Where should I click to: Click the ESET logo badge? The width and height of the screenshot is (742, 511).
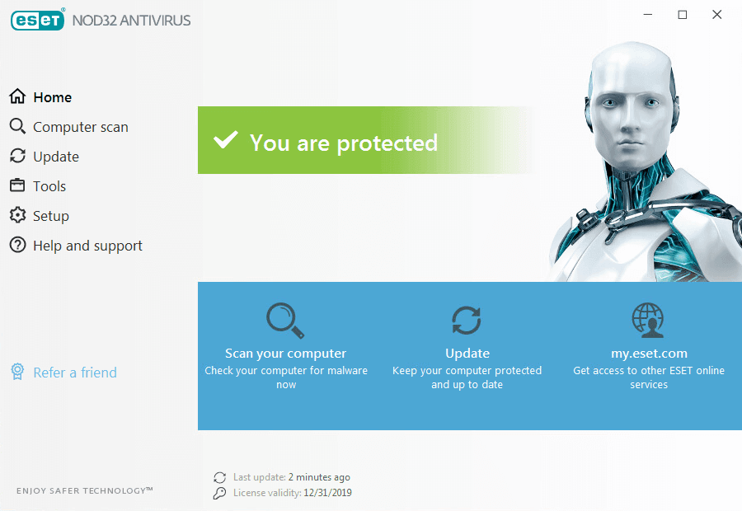[x=37, y=20]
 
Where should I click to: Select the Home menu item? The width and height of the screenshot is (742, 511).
[x=40, y=97]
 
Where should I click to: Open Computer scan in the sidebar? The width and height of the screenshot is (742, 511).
[x=68, y=127]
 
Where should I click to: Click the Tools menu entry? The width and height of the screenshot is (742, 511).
[x=37, y=186]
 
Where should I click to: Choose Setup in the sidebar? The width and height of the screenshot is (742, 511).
[x=40, y=216]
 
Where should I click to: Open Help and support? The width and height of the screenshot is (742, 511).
[x=76, y=246]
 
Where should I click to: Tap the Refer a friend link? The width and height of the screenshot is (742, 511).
[x=63, y=373]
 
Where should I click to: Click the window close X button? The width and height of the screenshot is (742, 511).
[x=717, y=15]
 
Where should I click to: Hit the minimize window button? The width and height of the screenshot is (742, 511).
[x=648, y=15]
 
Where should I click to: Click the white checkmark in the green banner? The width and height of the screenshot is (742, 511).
[x=226, y=140]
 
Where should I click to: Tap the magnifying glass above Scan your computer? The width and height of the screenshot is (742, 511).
[x=285, y=321]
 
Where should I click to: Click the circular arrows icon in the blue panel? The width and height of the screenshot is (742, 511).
[x=467, y=321]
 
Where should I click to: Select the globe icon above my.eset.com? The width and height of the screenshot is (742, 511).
[x=648, y=320]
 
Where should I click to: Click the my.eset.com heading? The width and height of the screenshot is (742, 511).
[x=649, y=354]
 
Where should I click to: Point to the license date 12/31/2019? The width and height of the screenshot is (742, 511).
[x=327, y=493]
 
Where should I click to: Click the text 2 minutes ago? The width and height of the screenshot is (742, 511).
[x=319, y=477]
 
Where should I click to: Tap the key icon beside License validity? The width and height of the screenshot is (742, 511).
[x=219, y=493]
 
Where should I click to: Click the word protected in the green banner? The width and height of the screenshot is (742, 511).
[x=387, y=143]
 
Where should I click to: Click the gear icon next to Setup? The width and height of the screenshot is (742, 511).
[x=17, y=215]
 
